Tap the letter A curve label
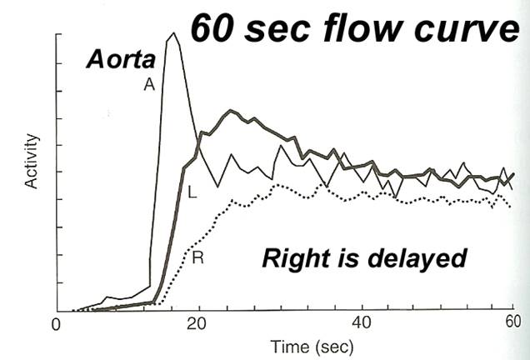(149, 84)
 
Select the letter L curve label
(192, 193)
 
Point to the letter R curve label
(197, 257)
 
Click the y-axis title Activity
(32, 159)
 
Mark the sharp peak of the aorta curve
(172, 34)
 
